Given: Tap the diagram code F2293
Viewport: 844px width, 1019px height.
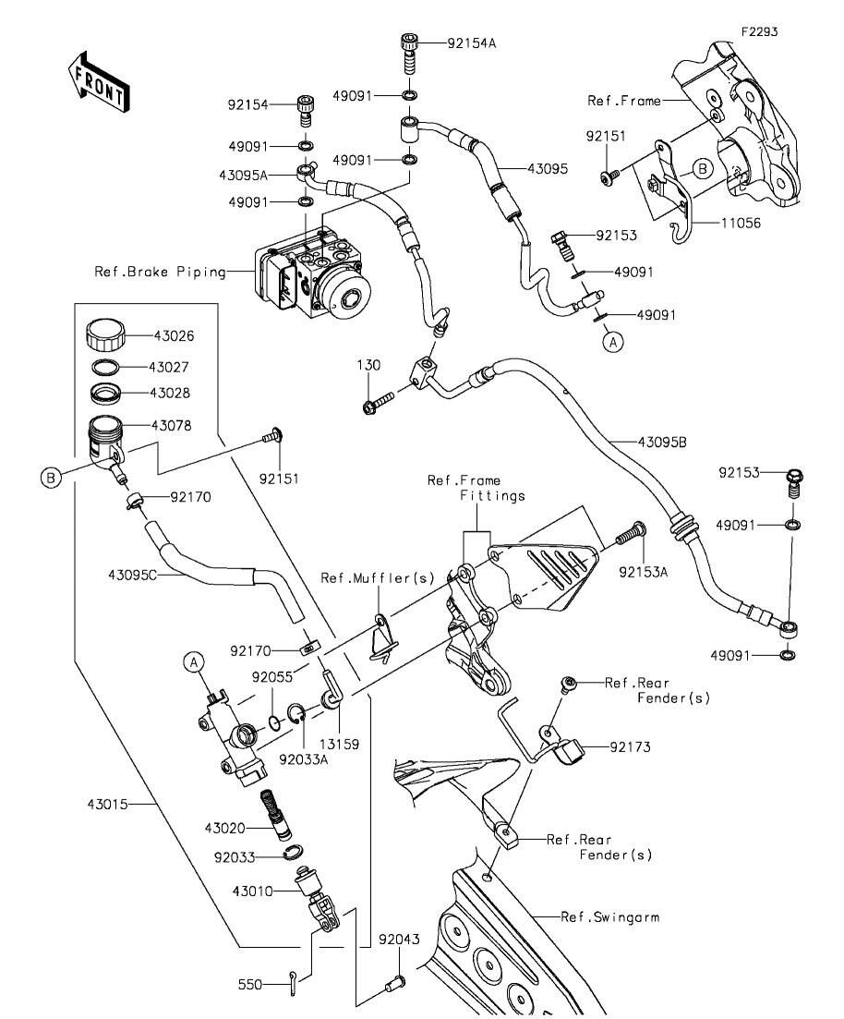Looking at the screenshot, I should pos(758,31).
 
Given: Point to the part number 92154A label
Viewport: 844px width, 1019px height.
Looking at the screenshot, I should pos(472,42).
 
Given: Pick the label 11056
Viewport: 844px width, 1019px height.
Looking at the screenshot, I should pos(736,224).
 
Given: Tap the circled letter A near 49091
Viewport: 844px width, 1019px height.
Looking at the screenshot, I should pos(611,342).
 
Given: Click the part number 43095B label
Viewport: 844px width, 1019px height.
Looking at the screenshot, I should pos(661,442).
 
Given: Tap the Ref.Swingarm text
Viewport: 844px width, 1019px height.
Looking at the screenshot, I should pos(610,917).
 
